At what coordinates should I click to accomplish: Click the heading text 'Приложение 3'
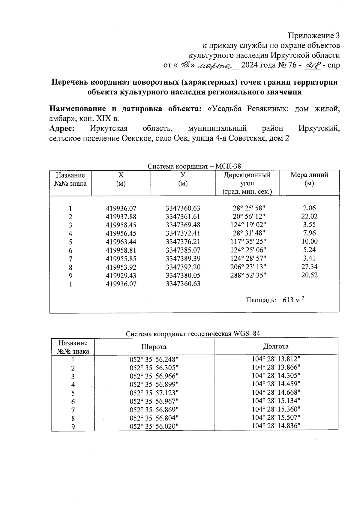tap(314, 36)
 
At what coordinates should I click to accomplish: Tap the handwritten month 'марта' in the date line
tap(217, 65)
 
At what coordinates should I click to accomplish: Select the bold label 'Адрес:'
tap(62, 128)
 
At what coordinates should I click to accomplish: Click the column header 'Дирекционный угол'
tap(247, 179)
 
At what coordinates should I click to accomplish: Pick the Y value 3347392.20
tap(183, 267)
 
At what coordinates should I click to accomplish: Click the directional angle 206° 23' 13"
tap(249, 267)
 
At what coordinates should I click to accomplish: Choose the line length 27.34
tap(309, 267)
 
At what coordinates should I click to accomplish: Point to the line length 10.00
tap(309, 241)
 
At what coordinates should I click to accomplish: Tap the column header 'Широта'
tap(154, 347)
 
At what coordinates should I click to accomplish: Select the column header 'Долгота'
tap(276, 346)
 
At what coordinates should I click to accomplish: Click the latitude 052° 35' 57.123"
tap(154, 393)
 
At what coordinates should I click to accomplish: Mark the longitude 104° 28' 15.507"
tap(276, 418)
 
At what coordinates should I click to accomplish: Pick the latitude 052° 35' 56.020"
tap(154, 426)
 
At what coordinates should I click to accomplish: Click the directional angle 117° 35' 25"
tap(249, 241)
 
